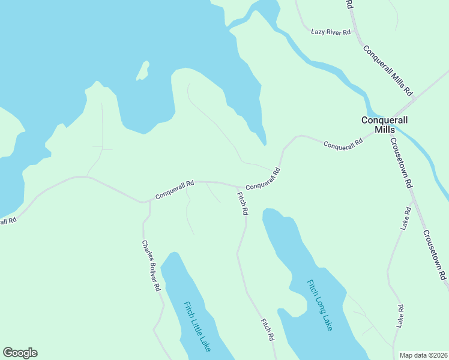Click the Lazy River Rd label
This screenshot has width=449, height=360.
[x=330, y=31]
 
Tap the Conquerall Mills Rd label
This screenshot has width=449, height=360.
[x=388, y=70]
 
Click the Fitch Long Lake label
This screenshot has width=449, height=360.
[x=319, y=304]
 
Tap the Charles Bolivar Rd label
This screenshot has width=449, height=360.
[x=151, y=266]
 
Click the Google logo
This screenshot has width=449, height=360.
[x=20, y=353]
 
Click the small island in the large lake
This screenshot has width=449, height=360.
[x=143, y=71]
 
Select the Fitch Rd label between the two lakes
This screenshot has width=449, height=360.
[x=267, y=329]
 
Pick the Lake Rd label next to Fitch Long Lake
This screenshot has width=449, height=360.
[x=400, y=316]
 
